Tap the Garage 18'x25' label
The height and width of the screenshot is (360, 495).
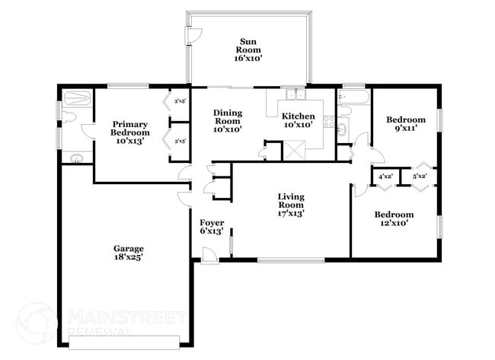pyautogui.click(x=129, y=253)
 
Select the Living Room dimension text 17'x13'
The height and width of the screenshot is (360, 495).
pyautogui.click(x=290, y=214)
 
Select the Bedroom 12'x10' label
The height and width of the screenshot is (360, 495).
pyautogui.click(x=394, y=219)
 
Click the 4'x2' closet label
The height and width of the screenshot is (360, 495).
pyautogui.click(x=385, y=177)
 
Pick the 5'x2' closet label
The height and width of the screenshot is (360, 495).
pyautogui.click(x=419, y=177)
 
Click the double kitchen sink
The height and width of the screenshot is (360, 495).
pyautogui.click(x=294, y=97)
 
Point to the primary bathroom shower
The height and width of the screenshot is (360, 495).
pyautogui.click(x=76, y=98)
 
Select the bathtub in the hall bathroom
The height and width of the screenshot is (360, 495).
pyautogui.click(x=353, y=98)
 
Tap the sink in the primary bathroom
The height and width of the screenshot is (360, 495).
pyautogui.click(x=75, y=158)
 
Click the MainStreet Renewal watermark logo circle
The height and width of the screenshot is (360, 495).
pyautogui.click(x=36, y=323)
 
